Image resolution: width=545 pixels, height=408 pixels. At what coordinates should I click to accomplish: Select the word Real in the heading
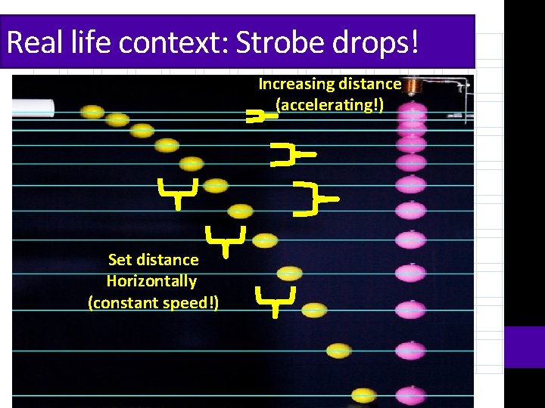point(31,43)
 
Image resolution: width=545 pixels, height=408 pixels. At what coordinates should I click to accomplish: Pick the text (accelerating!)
point(330,104)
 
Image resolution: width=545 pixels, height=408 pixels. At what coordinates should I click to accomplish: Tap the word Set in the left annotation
point(120,260)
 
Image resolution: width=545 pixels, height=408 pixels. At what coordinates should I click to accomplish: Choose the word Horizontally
point(151,281)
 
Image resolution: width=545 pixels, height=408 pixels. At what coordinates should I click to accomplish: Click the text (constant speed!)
point(153,303)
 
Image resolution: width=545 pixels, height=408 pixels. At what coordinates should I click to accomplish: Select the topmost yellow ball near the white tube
point(92,112)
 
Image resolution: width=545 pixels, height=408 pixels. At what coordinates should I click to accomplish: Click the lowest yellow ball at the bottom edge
point(363,395)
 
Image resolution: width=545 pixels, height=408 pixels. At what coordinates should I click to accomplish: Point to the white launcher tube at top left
point(33,107)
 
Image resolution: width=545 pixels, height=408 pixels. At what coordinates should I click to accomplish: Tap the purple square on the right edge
point(525,347)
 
